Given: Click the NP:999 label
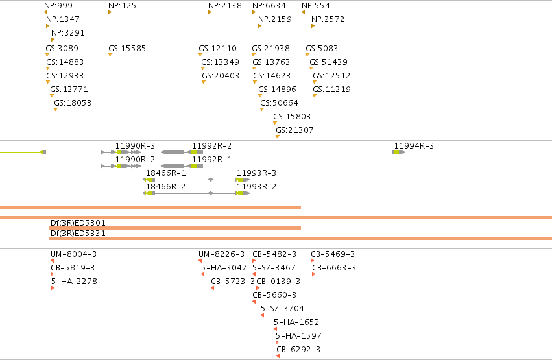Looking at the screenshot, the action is click(58, 6).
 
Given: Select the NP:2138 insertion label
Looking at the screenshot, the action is click(225, 6).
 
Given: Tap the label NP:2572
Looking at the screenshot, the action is click(328, 19).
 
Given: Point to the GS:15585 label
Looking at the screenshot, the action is click(127, 48).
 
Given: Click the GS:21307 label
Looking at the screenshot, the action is click(294, 130).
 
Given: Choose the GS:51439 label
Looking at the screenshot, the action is click(328, 62).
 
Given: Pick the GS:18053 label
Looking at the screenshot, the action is click(73, 102).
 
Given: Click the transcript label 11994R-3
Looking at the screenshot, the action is click(414, 146).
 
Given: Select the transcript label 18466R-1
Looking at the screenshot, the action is click(166, 173).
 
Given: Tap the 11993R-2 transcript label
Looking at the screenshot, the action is click(256, 187).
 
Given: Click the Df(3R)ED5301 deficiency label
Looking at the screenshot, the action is click(78, 222).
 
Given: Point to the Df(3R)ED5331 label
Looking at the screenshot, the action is click(78, 234).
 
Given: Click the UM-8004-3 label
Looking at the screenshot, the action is click(73, 254).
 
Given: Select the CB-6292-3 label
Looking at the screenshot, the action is click(298, 350).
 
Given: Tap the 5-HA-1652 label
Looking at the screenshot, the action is click(296, 322).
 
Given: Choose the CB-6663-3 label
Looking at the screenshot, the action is click(334, 268).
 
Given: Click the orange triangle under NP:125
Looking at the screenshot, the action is click(110, 13).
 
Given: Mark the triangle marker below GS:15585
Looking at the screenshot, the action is click(110, 55).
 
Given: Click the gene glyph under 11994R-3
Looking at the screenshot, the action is click(399, 152).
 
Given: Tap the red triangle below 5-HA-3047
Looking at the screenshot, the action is click(203, 274).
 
